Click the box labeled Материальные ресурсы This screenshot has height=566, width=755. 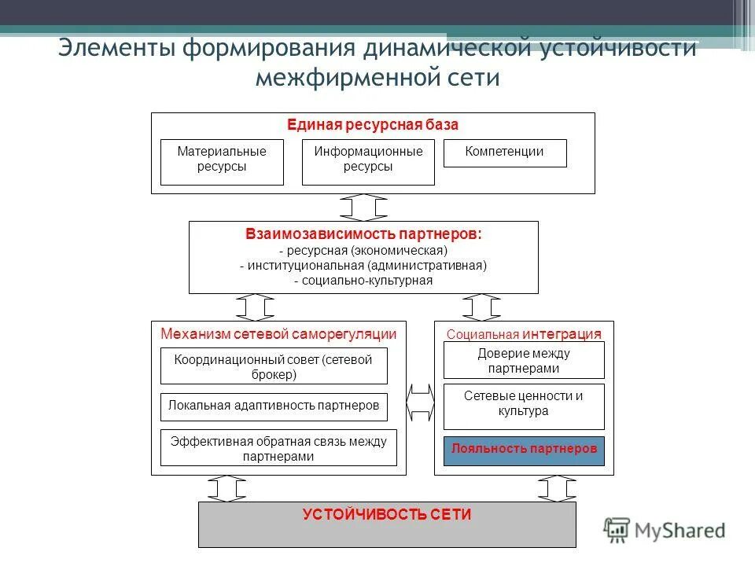(x=222, y=162)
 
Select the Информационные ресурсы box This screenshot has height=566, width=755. (x=368, y=162)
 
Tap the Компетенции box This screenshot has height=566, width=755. (x=505, y=153)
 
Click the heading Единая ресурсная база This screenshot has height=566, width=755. (x=373, y=125)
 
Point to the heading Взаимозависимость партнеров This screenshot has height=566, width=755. (x=363, y=234)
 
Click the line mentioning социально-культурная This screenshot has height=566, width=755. (x=363, y=281)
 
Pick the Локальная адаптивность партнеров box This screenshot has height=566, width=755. (x=274, y=406)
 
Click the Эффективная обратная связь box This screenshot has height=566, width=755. (x=278, y=448)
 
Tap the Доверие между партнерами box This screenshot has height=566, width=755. (x=524, y=360)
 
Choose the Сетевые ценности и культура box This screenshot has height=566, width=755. (x=524, y=403)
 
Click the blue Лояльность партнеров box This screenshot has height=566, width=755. (x=524, y=450)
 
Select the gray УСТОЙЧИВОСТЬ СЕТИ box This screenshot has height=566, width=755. (x=387, y=524)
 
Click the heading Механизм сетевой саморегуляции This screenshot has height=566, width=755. (x=278, y=333)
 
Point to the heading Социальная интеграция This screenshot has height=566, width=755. (x=524, y=333)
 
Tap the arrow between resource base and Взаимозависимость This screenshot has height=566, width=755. (x=363, y=207)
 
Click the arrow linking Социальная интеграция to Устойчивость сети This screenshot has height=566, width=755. (x=556, y=488)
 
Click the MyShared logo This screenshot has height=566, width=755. (x=665, y=530)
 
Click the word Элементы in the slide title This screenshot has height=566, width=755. (x=117, y=48)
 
